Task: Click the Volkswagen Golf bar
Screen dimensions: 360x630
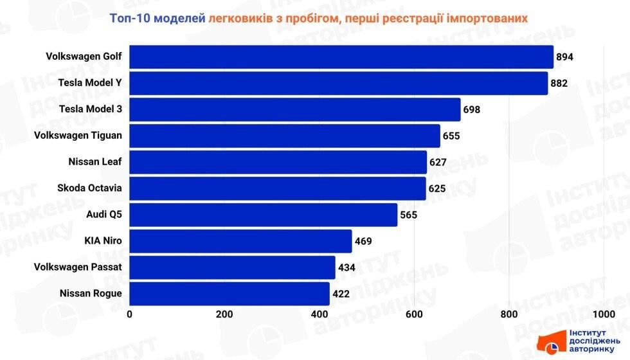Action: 341,57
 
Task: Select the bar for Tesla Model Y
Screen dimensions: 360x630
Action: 338,83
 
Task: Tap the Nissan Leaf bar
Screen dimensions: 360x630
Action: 278,162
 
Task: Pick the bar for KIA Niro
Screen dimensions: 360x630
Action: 240,241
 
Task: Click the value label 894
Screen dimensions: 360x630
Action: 564,57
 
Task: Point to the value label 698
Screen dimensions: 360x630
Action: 471,110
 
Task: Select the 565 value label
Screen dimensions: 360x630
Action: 409,215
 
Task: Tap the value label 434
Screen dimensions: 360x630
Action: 347,267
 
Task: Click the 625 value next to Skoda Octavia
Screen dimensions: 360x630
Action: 437,189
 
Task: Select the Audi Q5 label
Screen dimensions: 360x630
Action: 104,215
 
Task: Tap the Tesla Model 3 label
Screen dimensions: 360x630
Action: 90,109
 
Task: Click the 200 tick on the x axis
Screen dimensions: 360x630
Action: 224,314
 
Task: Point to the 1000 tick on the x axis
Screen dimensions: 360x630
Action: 603,314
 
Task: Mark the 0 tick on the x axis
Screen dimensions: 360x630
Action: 130,314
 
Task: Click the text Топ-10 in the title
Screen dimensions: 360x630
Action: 129,19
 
